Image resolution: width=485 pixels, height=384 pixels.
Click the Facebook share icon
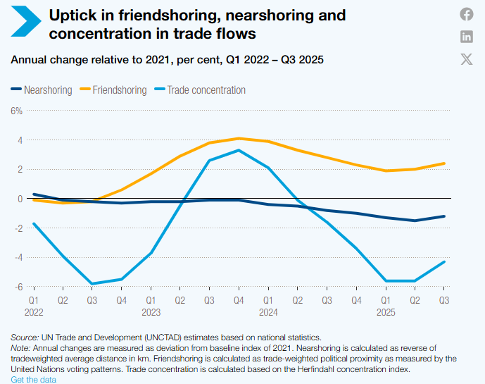point(467,14)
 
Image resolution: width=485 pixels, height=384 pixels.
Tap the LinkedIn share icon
point(467,37)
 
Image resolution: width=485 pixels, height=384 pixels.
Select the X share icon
point(467,59)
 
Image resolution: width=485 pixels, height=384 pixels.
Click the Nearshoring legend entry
point(41,90)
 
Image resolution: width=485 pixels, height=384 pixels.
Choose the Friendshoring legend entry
point(115,90)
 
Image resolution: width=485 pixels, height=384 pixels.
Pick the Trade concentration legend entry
point(200,90)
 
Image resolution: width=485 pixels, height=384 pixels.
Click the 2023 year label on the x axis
point(151,311)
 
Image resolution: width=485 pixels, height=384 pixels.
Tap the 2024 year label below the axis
point(268,311)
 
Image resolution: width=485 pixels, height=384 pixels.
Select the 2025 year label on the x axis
point(385,311)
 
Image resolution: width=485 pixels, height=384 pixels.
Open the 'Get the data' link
point(33,380)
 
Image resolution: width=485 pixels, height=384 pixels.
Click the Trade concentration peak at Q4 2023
point(239,150)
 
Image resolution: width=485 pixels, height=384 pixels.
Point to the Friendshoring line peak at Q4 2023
point(239,138)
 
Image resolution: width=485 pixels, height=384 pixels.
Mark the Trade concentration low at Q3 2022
point(92,284)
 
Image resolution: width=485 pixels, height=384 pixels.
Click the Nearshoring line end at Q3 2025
point(444,216)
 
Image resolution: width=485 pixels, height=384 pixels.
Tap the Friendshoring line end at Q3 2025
point(444,163)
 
